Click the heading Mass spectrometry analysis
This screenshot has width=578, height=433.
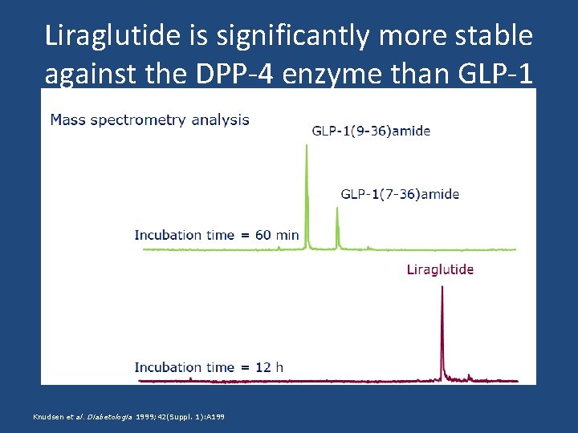[x=149, y=120]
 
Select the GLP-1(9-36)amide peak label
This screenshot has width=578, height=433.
[x=370, y=131]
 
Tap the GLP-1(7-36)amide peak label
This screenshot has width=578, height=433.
[x=400, y=194]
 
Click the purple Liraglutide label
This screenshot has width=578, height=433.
[x=440, y=269]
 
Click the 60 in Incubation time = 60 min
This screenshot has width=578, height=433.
[x=263, y=235]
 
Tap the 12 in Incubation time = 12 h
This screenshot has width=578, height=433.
[x=263, y=367]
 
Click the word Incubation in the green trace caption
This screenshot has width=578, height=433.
[x=168, y=235]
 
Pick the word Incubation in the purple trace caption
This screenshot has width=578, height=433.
[x=168, y=367]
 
